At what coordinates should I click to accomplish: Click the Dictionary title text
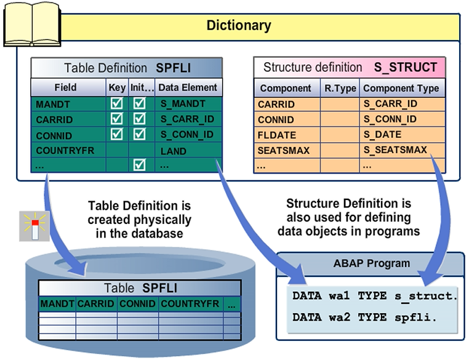click(238, 26)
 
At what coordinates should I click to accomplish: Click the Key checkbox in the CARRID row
click(116, 119)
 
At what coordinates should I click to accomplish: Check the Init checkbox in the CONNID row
click(140, 135)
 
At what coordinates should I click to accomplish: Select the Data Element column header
click(187, 87)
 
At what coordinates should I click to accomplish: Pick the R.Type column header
click(340, 88)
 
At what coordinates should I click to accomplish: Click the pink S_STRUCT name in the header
click(405, 67)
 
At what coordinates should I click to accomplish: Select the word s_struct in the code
click(425, 296)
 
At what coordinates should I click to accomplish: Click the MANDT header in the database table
click(57, 304)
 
